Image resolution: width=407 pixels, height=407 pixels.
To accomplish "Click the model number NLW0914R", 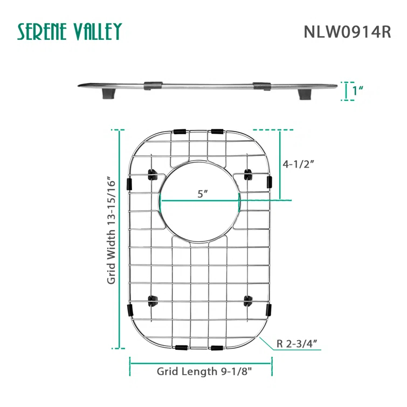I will pos(347,32).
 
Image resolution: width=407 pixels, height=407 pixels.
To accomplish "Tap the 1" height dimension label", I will pos(356,91).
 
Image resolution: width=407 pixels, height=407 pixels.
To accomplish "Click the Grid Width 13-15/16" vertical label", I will pos(112,230).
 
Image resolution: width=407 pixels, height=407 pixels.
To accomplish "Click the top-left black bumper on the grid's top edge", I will pos(181,132).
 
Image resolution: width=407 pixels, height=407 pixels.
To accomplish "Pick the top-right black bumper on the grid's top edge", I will pos(217,132).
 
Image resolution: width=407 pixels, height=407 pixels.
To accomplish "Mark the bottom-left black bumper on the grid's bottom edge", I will pos(181,347).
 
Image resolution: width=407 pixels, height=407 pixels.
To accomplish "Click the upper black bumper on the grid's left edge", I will pos(129,183).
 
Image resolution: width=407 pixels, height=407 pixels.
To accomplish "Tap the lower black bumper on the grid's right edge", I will pos(268,310).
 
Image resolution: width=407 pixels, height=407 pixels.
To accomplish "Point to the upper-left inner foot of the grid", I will pos(153,174).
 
